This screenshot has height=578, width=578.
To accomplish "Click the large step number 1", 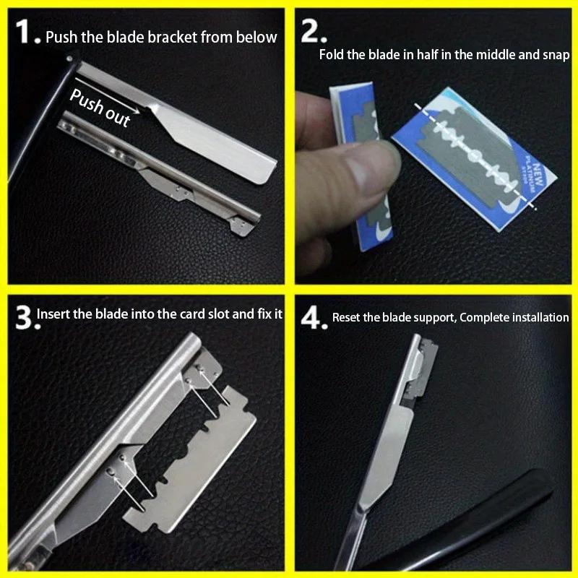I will click(25, 33).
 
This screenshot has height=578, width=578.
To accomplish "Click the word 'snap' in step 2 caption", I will click(555, 55).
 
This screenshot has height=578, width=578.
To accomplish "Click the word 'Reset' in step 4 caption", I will click(346, 317).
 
